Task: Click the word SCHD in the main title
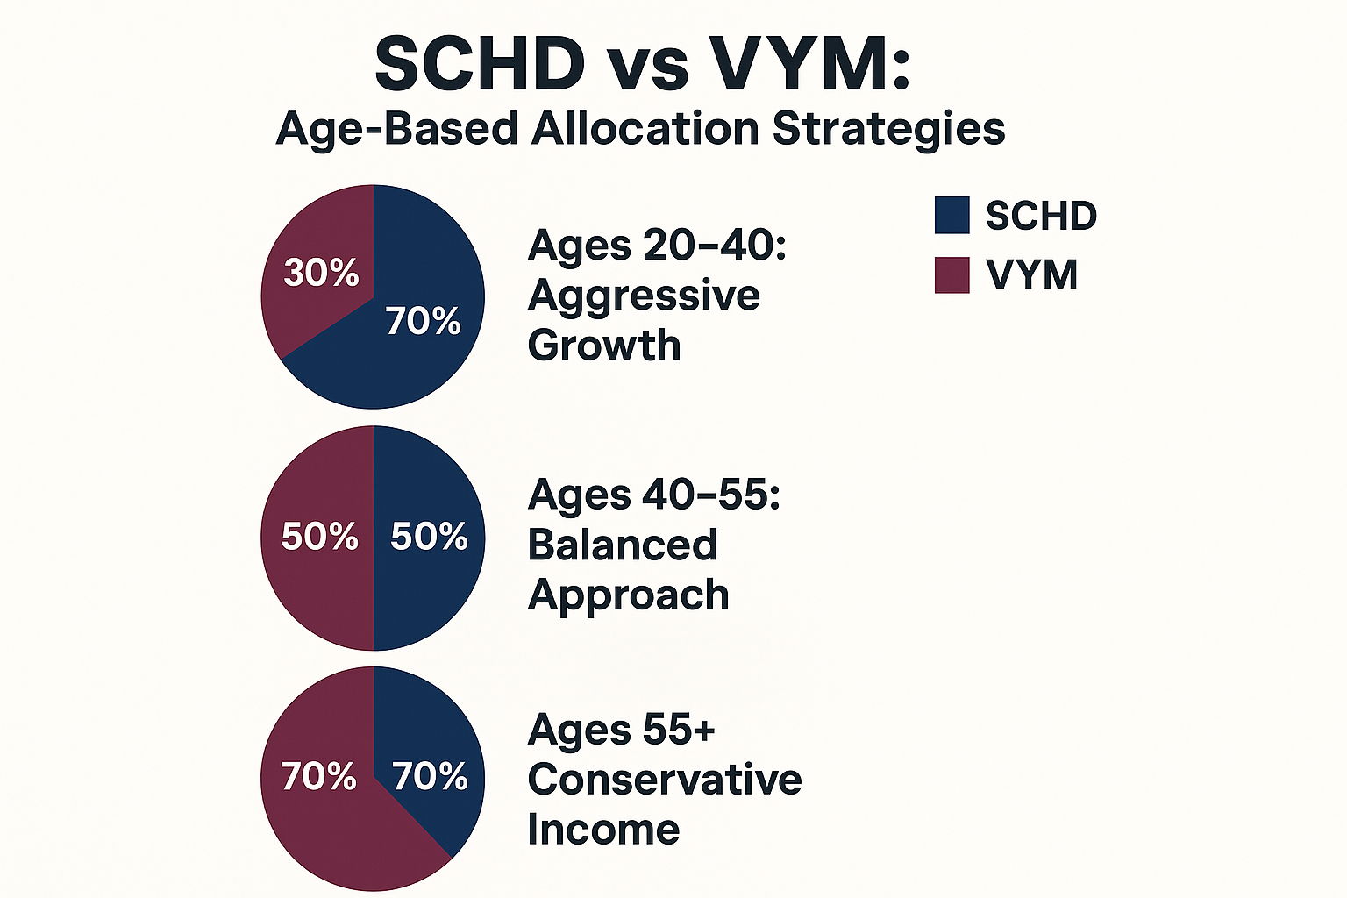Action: pyautogui.click(x=480, y=63)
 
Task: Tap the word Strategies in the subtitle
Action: pyautogui.click(x=888, y=129)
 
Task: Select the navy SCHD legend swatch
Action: pyautogui.click(x=951, y=216)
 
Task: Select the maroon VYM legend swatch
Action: pyautogui.click(x=951, y=274)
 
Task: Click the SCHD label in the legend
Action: pyautogui.click(x=1041, y=216)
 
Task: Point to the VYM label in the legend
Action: pyautogui.click(x=1031, y=274)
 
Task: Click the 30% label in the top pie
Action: pyautogui.click(x=321, y=273)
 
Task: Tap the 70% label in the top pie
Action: pyautogui.click(x=424, y=322)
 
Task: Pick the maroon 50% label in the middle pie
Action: pyautogui.click(x=319, y=537)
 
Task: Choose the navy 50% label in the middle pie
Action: pyautogui.click(x=429, y=537)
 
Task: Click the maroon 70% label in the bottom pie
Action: pyautogui.click(x=318, y=777)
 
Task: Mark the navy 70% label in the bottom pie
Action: pyautogui.click(x=430, y=777)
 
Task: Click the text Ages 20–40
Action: pyautogui.click(x=657, y=246)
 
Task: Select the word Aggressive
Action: pyautogui.click(x=644, y=296)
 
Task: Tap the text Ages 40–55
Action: pyautogui.click(x=653, y=495)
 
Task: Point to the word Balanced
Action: pyautogui.click(x=623, y=545)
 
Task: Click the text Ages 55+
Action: pyautogui.click(x=621, y=730)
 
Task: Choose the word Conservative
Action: pyautogui.click(x=665, y=780)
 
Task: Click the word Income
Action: pyautogui.click(x=603, y=830)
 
